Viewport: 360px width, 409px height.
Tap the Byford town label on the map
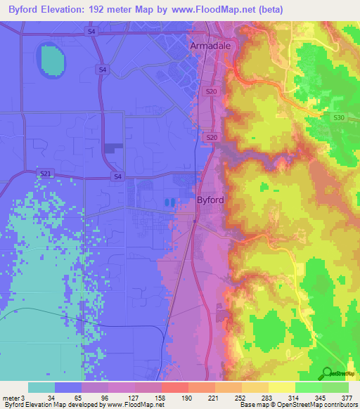tap(210, 200)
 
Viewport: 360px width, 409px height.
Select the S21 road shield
tap(45, 173)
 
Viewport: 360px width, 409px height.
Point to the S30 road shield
tap(339, 118)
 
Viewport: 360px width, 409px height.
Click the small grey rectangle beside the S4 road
tap(112, 148)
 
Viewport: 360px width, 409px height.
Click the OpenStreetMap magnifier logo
tap(326, 372)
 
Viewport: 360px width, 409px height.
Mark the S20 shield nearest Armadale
tap(212, 91)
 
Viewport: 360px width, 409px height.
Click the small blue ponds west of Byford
tap(169, 202)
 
